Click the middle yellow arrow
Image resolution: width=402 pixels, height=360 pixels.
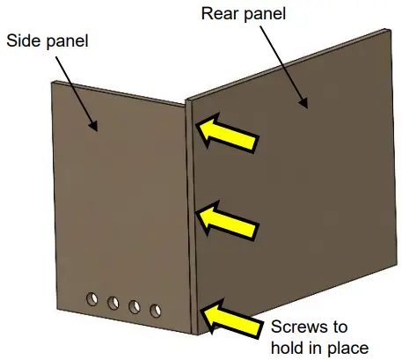tap(228, 217)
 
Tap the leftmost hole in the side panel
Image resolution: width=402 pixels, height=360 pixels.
tap(92, 300)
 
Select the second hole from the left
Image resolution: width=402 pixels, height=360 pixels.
tap(113, 304)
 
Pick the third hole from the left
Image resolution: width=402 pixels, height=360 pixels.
tap(135, 307)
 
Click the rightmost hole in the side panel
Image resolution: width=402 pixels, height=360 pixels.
tap(156, 310)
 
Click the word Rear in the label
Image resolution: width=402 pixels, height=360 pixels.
tap(221, 14)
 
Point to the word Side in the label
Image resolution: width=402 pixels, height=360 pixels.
tap(26, 40)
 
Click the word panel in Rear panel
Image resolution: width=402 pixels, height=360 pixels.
tap(268, 14)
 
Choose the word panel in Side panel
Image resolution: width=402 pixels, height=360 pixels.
tap(71, 40)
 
